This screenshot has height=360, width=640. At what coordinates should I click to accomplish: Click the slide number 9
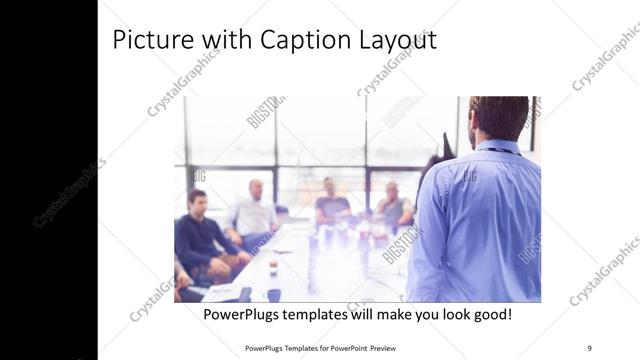pos(590,347)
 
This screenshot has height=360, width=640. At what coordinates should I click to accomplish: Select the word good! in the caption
pos(490,314)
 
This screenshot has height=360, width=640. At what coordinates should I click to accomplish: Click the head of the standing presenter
pos(497,118)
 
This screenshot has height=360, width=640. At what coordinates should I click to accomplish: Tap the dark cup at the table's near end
pos(273,295)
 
